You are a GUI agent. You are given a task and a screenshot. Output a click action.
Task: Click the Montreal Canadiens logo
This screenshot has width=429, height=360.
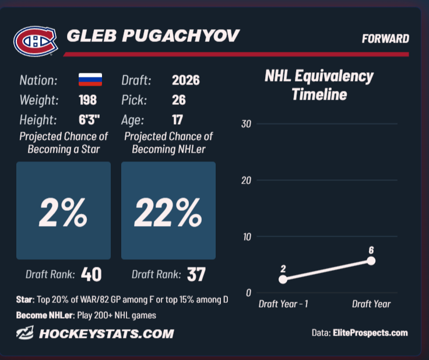36,41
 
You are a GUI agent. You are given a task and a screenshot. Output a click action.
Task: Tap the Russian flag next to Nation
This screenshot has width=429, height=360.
90,80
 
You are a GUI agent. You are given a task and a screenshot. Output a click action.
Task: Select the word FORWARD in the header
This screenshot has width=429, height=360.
385,39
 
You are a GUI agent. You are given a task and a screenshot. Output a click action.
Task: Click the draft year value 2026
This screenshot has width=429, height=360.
186,80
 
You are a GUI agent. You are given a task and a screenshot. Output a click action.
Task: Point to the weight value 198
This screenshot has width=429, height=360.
87,100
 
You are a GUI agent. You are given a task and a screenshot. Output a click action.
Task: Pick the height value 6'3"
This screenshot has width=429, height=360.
89,120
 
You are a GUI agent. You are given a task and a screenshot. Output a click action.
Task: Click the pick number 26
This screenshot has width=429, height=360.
179,100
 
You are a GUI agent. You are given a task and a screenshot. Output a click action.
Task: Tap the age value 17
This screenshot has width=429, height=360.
177,120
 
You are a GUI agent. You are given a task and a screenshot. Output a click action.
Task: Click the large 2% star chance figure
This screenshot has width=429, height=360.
63,213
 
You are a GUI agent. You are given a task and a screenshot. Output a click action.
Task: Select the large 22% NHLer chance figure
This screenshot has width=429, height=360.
168,213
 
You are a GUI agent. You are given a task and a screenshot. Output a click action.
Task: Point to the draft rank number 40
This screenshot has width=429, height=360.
92,274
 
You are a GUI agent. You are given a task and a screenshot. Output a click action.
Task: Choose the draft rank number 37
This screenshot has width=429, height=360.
196,274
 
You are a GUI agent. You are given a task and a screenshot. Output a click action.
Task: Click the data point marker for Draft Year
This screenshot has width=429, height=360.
371,261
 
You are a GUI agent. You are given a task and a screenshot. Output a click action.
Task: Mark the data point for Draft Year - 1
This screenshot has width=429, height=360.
283,279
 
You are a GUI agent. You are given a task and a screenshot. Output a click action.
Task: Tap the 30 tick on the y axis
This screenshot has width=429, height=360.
246,124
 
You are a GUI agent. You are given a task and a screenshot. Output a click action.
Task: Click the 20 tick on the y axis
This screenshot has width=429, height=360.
246,181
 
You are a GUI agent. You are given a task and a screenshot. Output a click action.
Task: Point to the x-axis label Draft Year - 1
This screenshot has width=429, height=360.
283,304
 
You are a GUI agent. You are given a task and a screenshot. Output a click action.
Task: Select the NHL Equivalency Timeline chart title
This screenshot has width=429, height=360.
319,85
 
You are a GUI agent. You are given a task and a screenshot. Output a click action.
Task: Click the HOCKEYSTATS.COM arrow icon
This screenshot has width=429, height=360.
25,333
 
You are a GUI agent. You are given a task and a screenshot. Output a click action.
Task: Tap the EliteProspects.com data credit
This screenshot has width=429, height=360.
370,333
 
